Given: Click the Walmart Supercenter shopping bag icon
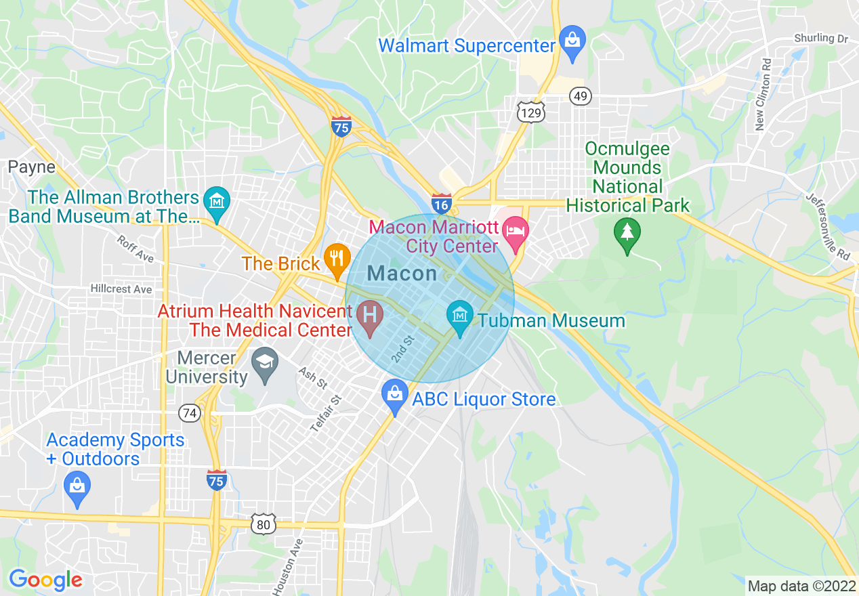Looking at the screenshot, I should (572, 43).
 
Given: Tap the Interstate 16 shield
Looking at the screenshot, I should (441, 202).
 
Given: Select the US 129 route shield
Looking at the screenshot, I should (530, 112).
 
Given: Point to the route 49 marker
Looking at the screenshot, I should (580, 97).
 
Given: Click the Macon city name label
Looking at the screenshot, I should (402, 274).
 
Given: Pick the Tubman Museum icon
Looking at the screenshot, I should (460, 316).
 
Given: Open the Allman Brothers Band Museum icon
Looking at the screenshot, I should (216, 203).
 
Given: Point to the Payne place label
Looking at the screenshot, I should (32, 167).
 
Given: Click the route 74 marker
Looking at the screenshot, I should (190, 412).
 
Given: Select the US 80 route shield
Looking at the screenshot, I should (263, 523).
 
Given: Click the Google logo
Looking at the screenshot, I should (45, 580).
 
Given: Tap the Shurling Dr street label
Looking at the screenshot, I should (821, 39).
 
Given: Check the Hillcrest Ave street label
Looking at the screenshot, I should (121, 289).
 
